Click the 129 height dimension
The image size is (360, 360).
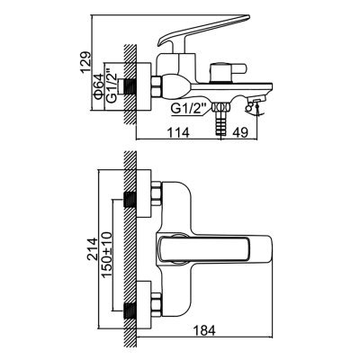pos(85,62)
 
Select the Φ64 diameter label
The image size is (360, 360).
pos(98,85)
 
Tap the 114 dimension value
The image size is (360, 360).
pos(178,132)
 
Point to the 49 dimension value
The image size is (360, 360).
pos(240,132)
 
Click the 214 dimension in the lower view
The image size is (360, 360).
pos(92,248)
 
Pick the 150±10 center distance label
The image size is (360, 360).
pos(107,255)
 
